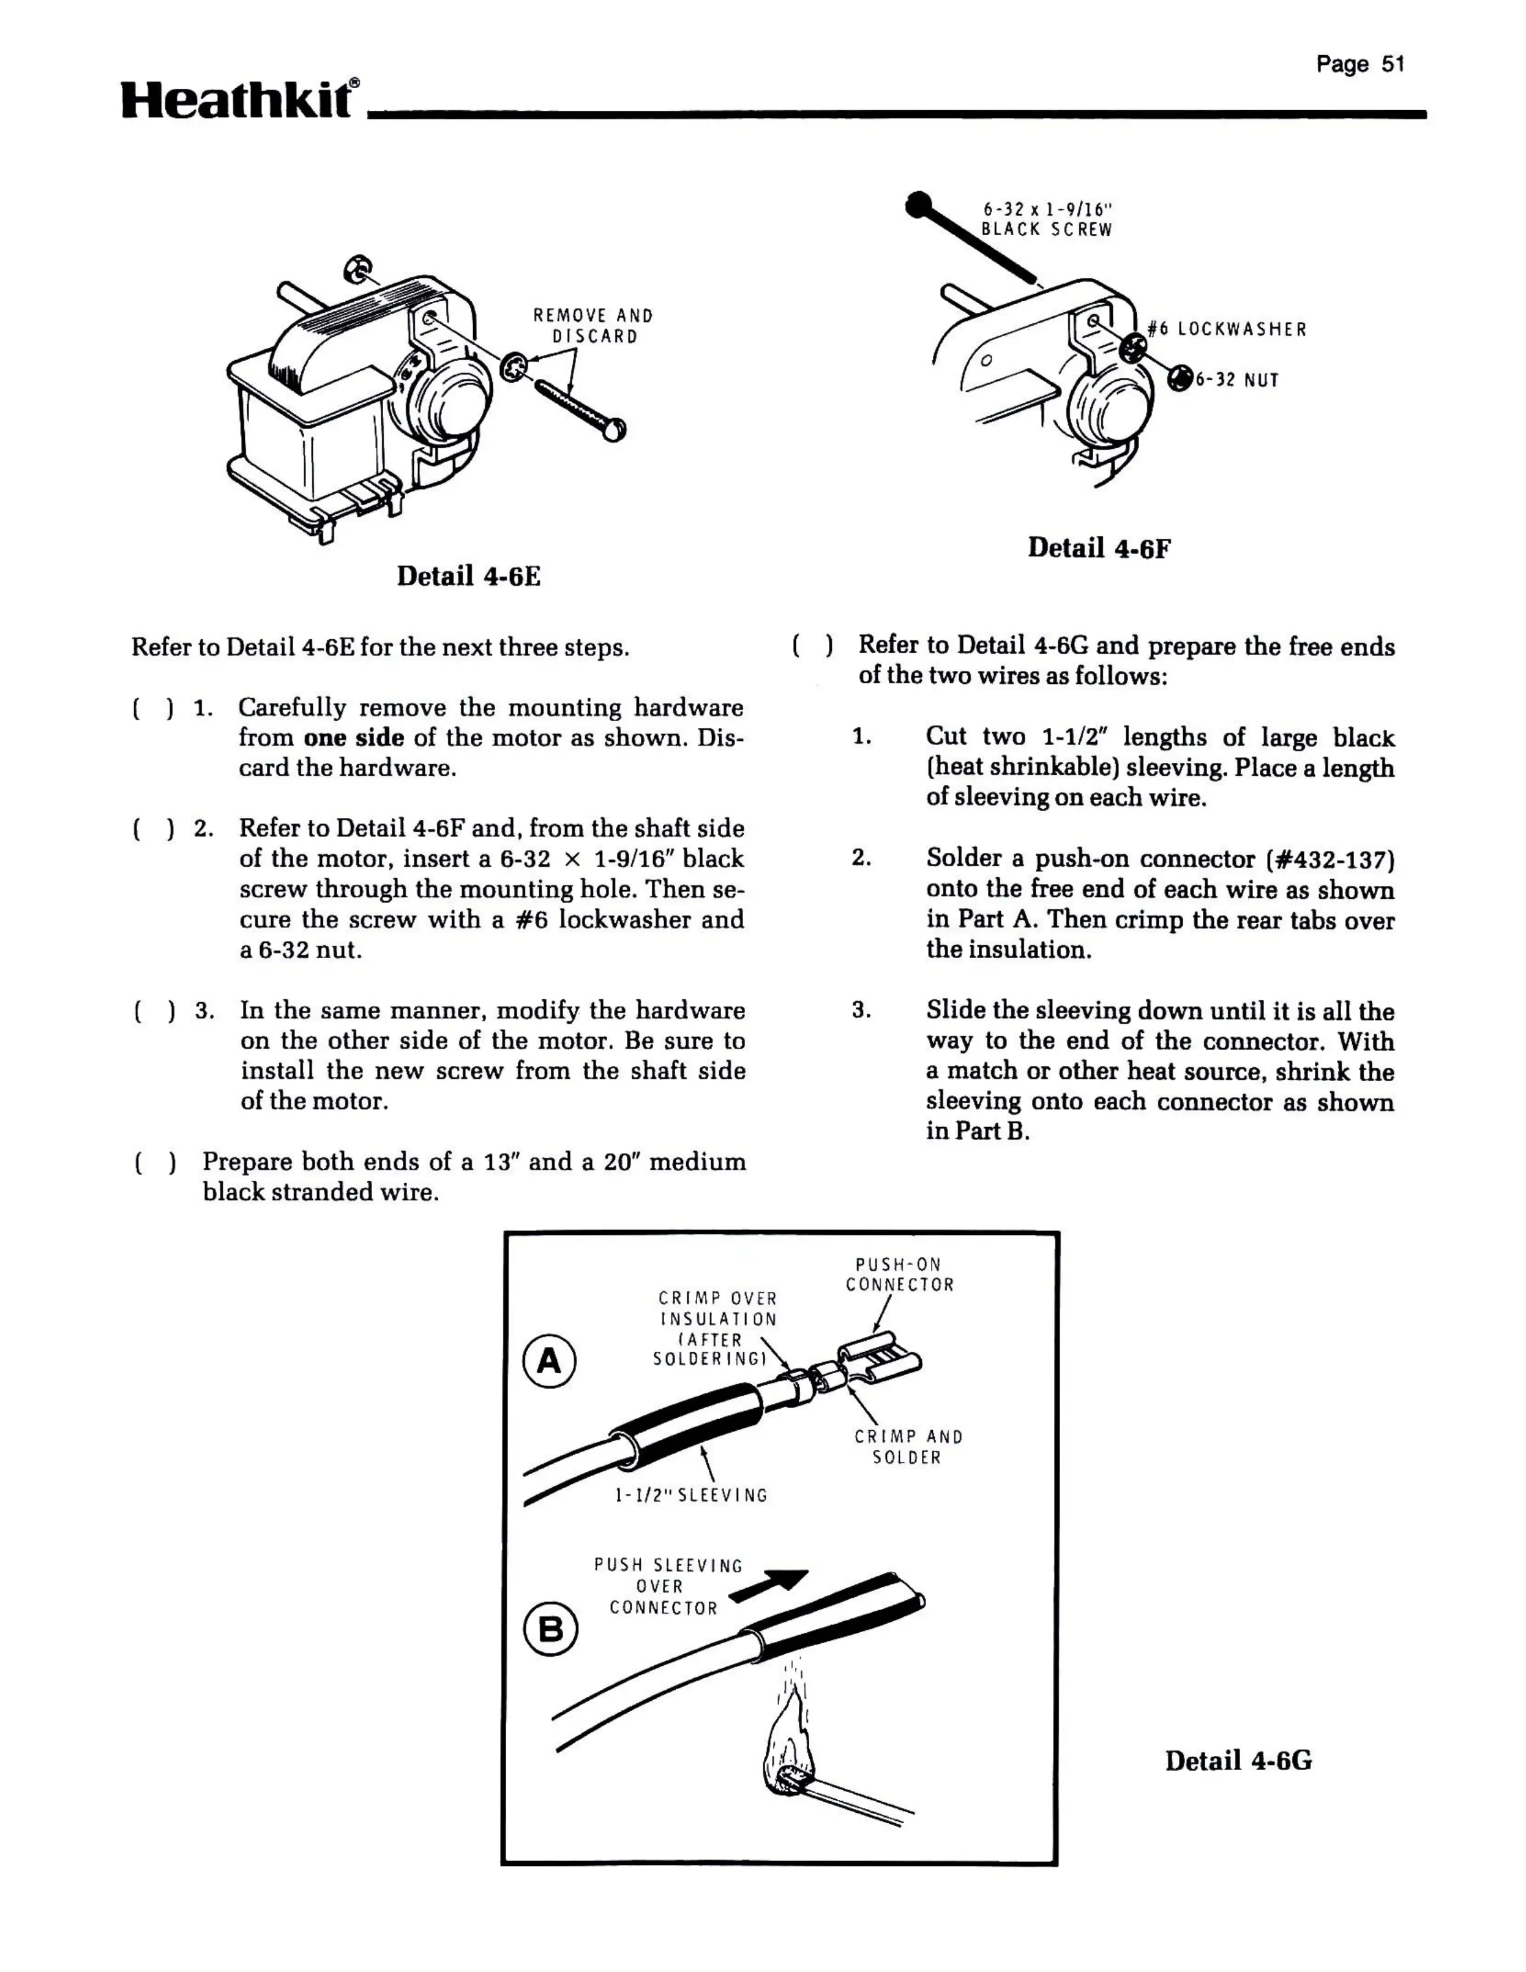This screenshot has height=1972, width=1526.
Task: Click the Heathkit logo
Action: pyautogui.click(x=240, y=99)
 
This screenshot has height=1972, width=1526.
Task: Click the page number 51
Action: pyautogui.click(x=1360, y=64)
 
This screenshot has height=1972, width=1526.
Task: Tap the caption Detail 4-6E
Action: pyautogui.click(x=469, y=576)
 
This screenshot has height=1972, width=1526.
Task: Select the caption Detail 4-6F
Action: pyautogui.click(x=1098, y=548)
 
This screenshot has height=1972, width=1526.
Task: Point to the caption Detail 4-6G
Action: pyautogui.click(x=1238, y=1761)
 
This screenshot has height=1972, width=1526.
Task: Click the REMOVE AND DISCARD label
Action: pyautogui.click(x=593, y=326)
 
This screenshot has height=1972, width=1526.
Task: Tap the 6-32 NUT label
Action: pyautogui.click(x=1237, y=380)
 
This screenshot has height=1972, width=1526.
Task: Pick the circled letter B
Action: pyautogui.click(x=550, y=1628)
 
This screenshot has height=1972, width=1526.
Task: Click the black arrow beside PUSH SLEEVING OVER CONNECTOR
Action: pyautogui.click(x=769, y=1584)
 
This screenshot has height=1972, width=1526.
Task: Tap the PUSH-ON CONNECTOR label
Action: pyautogui.click(x=899, y=1275)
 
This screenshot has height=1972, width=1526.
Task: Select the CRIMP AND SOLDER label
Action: pyautogui.click(x=908, y=1447)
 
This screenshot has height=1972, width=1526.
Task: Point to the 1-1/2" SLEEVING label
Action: pyautogui.click(x=690, y=1495)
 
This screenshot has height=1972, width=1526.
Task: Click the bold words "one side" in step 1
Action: pyautogui.click(x=353, y=738)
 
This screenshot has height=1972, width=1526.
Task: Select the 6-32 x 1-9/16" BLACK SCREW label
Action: pyautogui.click(x=1047, y=219)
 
